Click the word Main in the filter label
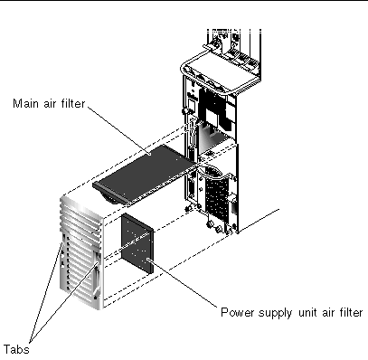tap(25, 104)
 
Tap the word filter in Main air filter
tap(74, 104)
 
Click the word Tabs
tap(16, 349)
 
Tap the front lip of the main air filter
tap(110, 194)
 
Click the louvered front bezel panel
tap(81, 252)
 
